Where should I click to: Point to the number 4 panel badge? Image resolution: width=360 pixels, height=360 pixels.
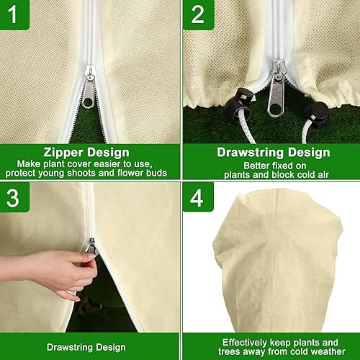coord(197,198)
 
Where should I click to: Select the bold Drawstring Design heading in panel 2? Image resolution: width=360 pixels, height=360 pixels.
coord(273,152)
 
